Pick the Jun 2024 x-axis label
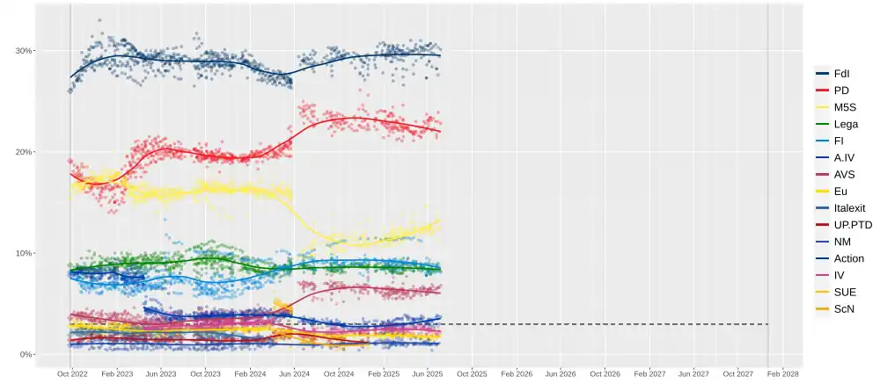point(294,373)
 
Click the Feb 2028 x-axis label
point(782,373)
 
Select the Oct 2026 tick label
point(605,373)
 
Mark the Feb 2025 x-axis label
point(383,373)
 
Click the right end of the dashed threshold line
point(768,324)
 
